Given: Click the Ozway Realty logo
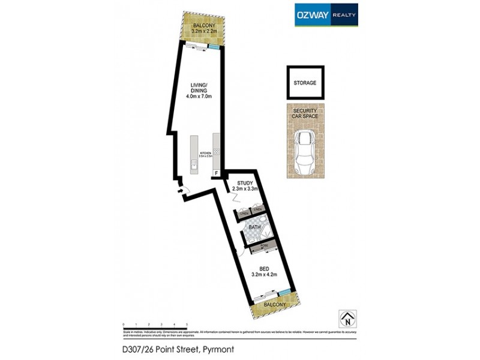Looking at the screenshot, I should coord(326,16).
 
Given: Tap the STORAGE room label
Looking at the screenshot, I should coord(305,83).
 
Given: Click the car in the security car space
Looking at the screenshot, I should coord(305,151).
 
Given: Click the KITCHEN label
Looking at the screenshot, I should coord(205,154).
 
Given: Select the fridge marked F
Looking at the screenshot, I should coord(217,173).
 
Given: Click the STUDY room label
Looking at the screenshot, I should coord(245,183).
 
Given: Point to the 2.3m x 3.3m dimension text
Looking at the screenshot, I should coord(245,190).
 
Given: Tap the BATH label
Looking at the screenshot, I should coord(254,227).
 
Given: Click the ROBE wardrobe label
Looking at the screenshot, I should coord(263,245).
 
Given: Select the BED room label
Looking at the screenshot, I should coord(263,269).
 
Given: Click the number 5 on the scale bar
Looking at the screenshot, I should coord(187,324).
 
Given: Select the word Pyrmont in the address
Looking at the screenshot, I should coord(217,349).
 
